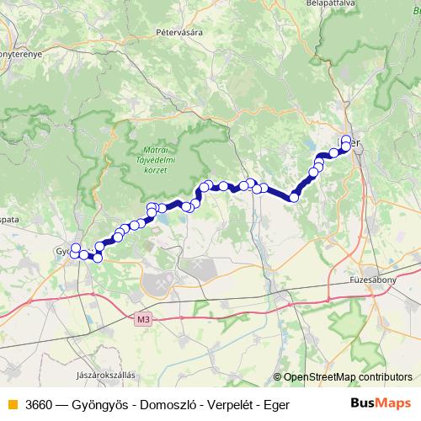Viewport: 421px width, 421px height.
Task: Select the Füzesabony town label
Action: pyautogui.click(x=373, y=277)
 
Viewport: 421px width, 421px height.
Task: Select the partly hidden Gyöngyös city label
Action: pyautogui.click(x=64, y=251)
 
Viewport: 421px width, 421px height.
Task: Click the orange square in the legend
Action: pyautogui.click(x=12, y=404)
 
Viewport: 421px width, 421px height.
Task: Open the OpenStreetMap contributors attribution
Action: pyautogui.click(x=347, y=377)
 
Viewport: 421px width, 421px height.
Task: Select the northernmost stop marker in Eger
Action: pyautogui.click(x=346, y=139)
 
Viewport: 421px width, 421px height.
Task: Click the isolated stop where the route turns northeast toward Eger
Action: pyautogui.click(x=294, y=198)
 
